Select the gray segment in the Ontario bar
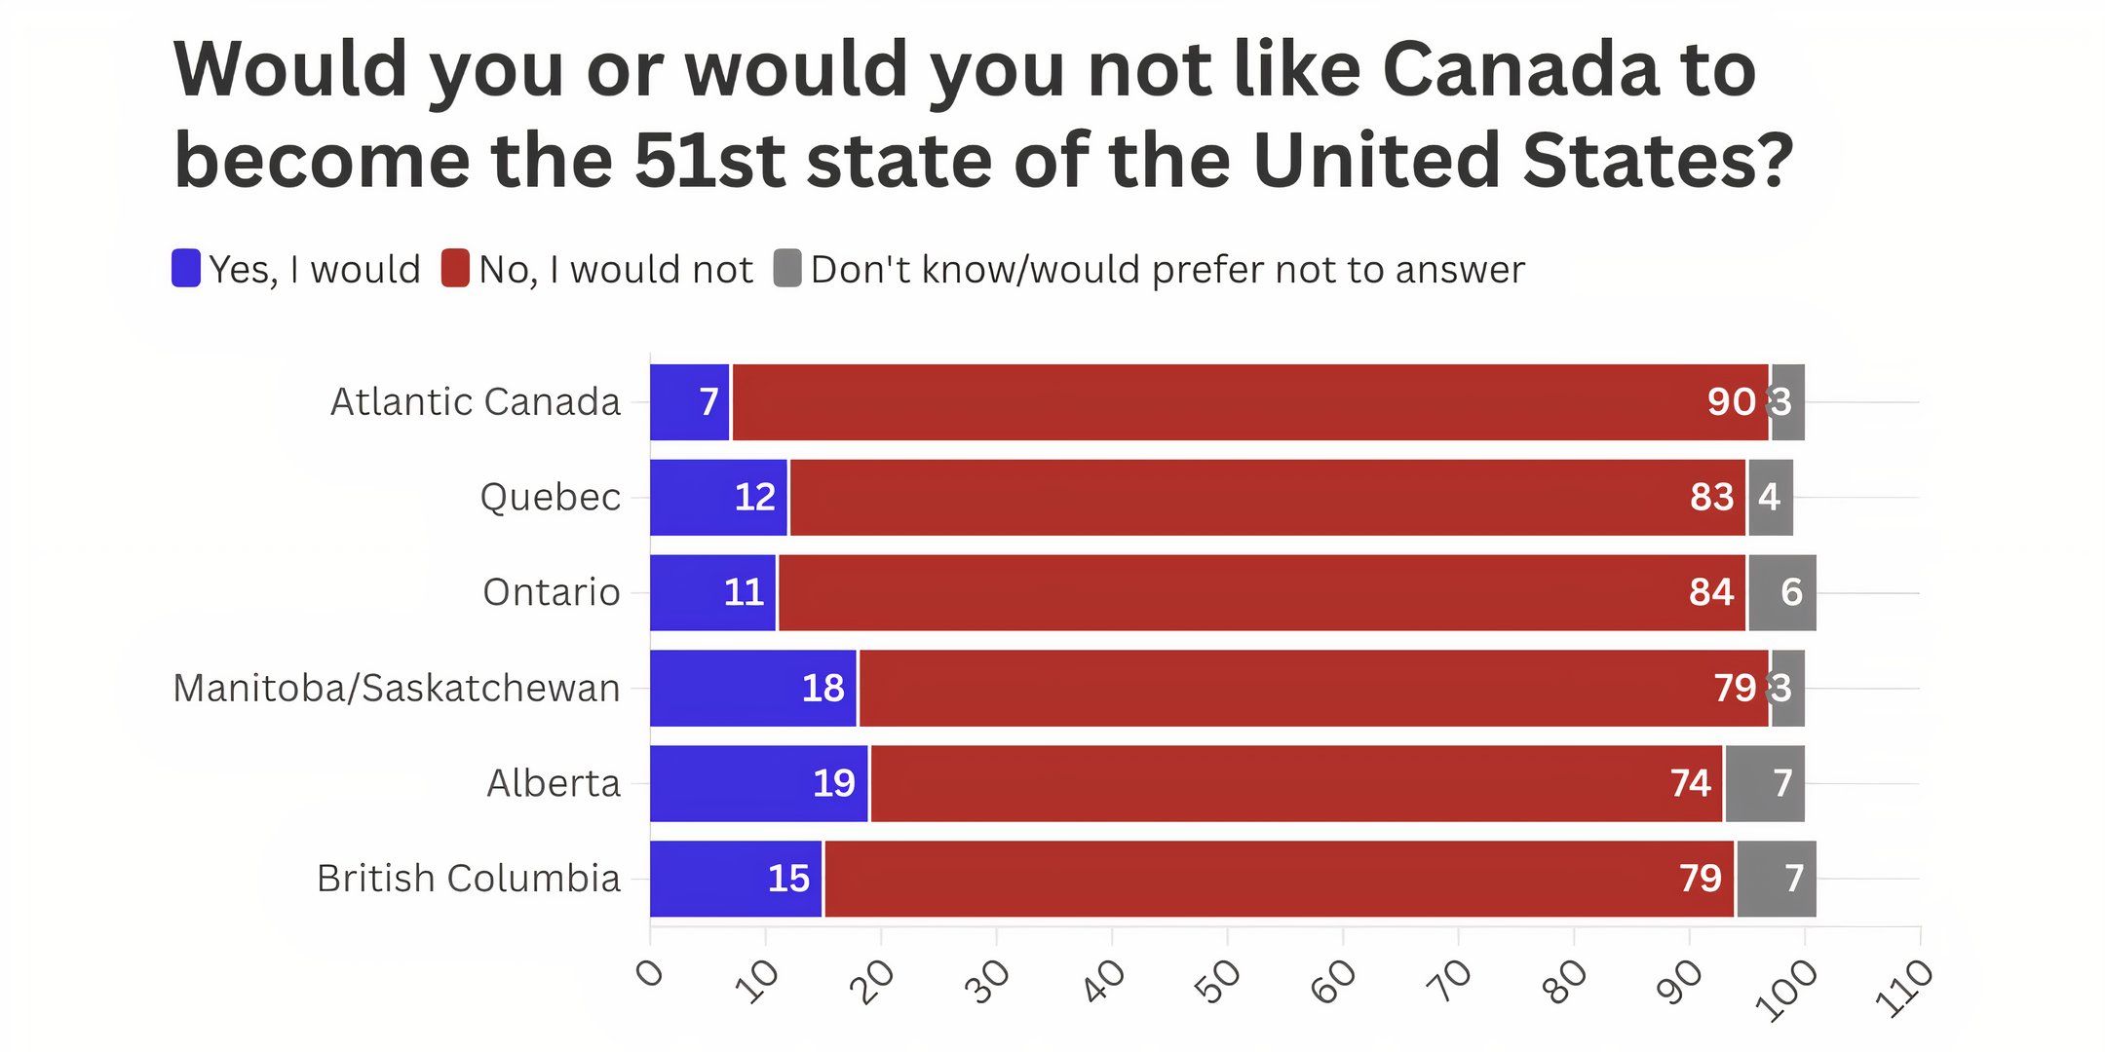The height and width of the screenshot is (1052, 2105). [1781, 592]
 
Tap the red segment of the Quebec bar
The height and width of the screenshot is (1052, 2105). [1267, 497]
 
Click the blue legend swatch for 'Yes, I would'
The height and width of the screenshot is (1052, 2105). [186, 269]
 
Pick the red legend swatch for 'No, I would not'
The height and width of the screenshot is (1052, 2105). [455, 269]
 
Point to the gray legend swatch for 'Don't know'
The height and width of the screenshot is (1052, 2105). [787, 269]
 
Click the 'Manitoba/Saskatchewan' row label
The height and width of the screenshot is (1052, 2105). [397, 688]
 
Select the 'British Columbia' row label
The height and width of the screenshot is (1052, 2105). [469, 879]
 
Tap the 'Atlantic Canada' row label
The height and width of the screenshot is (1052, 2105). [476, 401]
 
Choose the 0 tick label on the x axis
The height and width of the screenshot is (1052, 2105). [649, 973]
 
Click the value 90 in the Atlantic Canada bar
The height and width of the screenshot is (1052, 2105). [1731, 401]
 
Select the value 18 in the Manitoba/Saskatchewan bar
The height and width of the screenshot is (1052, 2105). [823, 688]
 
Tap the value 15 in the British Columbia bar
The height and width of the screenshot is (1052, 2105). [788, 879]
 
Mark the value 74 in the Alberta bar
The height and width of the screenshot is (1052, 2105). [1690, 783]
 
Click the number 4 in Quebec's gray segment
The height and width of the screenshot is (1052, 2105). [1769, 497]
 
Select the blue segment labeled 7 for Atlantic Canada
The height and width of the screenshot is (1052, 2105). [689, 401]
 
